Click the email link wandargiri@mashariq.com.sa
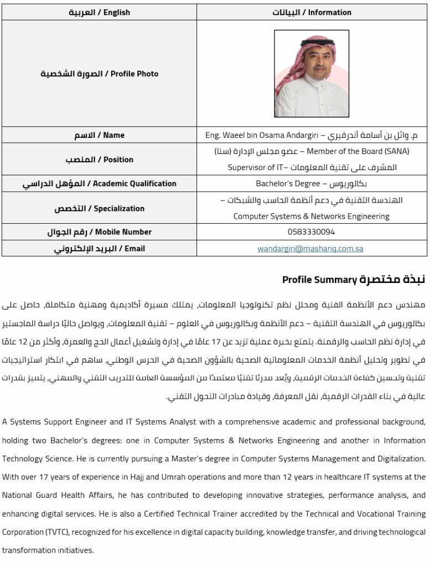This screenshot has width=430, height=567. (310, 249)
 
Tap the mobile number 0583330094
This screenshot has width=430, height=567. (312, 231)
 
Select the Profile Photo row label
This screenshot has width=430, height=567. (100, 74)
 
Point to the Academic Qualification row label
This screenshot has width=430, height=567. (100, 183)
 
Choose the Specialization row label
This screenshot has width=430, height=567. (100, 208)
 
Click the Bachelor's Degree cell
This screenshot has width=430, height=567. (312, 183)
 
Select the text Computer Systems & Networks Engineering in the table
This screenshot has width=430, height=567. (312, 217)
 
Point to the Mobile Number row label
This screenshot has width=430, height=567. (100, 231)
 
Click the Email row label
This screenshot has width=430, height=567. (100, 249)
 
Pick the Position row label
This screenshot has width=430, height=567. (100, 159)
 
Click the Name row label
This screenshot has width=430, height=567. (100, 135)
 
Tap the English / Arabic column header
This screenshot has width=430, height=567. (100, 12)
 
